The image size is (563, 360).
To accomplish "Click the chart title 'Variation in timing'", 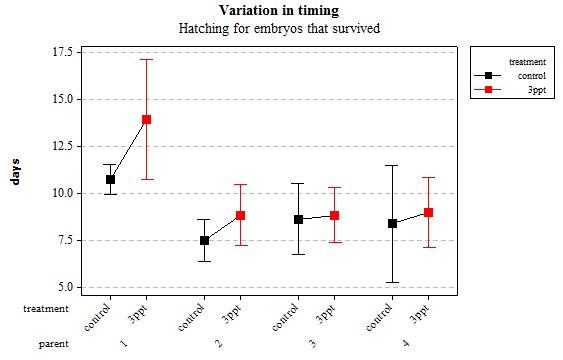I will click(x=278, y=10).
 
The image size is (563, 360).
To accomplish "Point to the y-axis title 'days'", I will click(x=15, y=171).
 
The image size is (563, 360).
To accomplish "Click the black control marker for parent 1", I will click(x=110, y=180).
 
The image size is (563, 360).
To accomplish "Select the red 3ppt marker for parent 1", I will click(x=146, y=119).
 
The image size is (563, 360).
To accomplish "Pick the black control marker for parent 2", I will click(x=204, y=240).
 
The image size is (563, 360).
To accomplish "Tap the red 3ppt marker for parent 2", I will click(x=240, y=215).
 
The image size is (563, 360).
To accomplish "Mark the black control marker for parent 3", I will click(x=298, y=219).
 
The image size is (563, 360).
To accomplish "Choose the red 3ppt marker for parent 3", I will click(x=334, y=215).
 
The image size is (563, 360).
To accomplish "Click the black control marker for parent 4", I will click(x=392, y=223).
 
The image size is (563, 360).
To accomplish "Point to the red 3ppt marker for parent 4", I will click(x=428, y=212).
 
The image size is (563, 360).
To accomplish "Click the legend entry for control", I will click(x=514, y=75).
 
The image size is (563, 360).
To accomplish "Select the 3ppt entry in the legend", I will click(x=514, y=89).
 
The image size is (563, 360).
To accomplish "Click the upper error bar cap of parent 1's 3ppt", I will click(x=146, y=60).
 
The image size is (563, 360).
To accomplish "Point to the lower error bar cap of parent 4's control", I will click(x=392, y=282).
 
